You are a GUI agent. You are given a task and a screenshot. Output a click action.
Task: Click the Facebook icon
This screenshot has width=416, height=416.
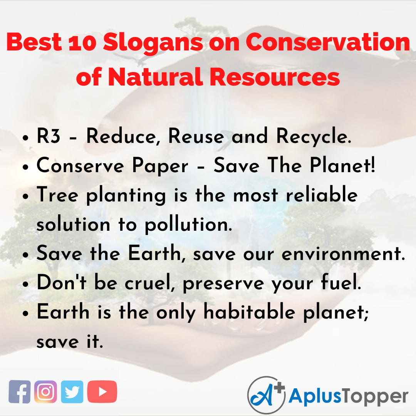[x=20, y=392]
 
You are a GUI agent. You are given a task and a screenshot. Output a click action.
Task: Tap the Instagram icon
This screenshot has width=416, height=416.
[x=45, y=392]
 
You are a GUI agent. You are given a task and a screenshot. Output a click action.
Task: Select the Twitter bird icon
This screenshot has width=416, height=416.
[x=72, y=392]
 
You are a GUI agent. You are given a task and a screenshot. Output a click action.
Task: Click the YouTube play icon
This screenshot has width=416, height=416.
[x=102, y=392]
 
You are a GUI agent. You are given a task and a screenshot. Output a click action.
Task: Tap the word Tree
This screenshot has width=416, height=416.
[x=58, y=196]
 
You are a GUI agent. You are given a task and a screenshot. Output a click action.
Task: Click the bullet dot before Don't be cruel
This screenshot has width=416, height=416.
[x=26, y=284]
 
